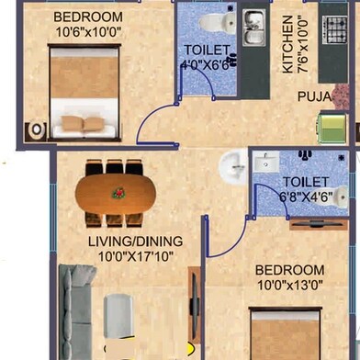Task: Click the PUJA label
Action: [x=312, y=94]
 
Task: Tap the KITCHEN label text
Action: [x=287, y=45]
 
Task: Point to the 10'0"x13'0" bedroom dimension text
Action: [x=289, y=285]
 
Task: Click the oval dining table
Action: [x=118, y=193]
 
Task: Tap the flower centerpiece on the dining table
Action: [x=118, y=193]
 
